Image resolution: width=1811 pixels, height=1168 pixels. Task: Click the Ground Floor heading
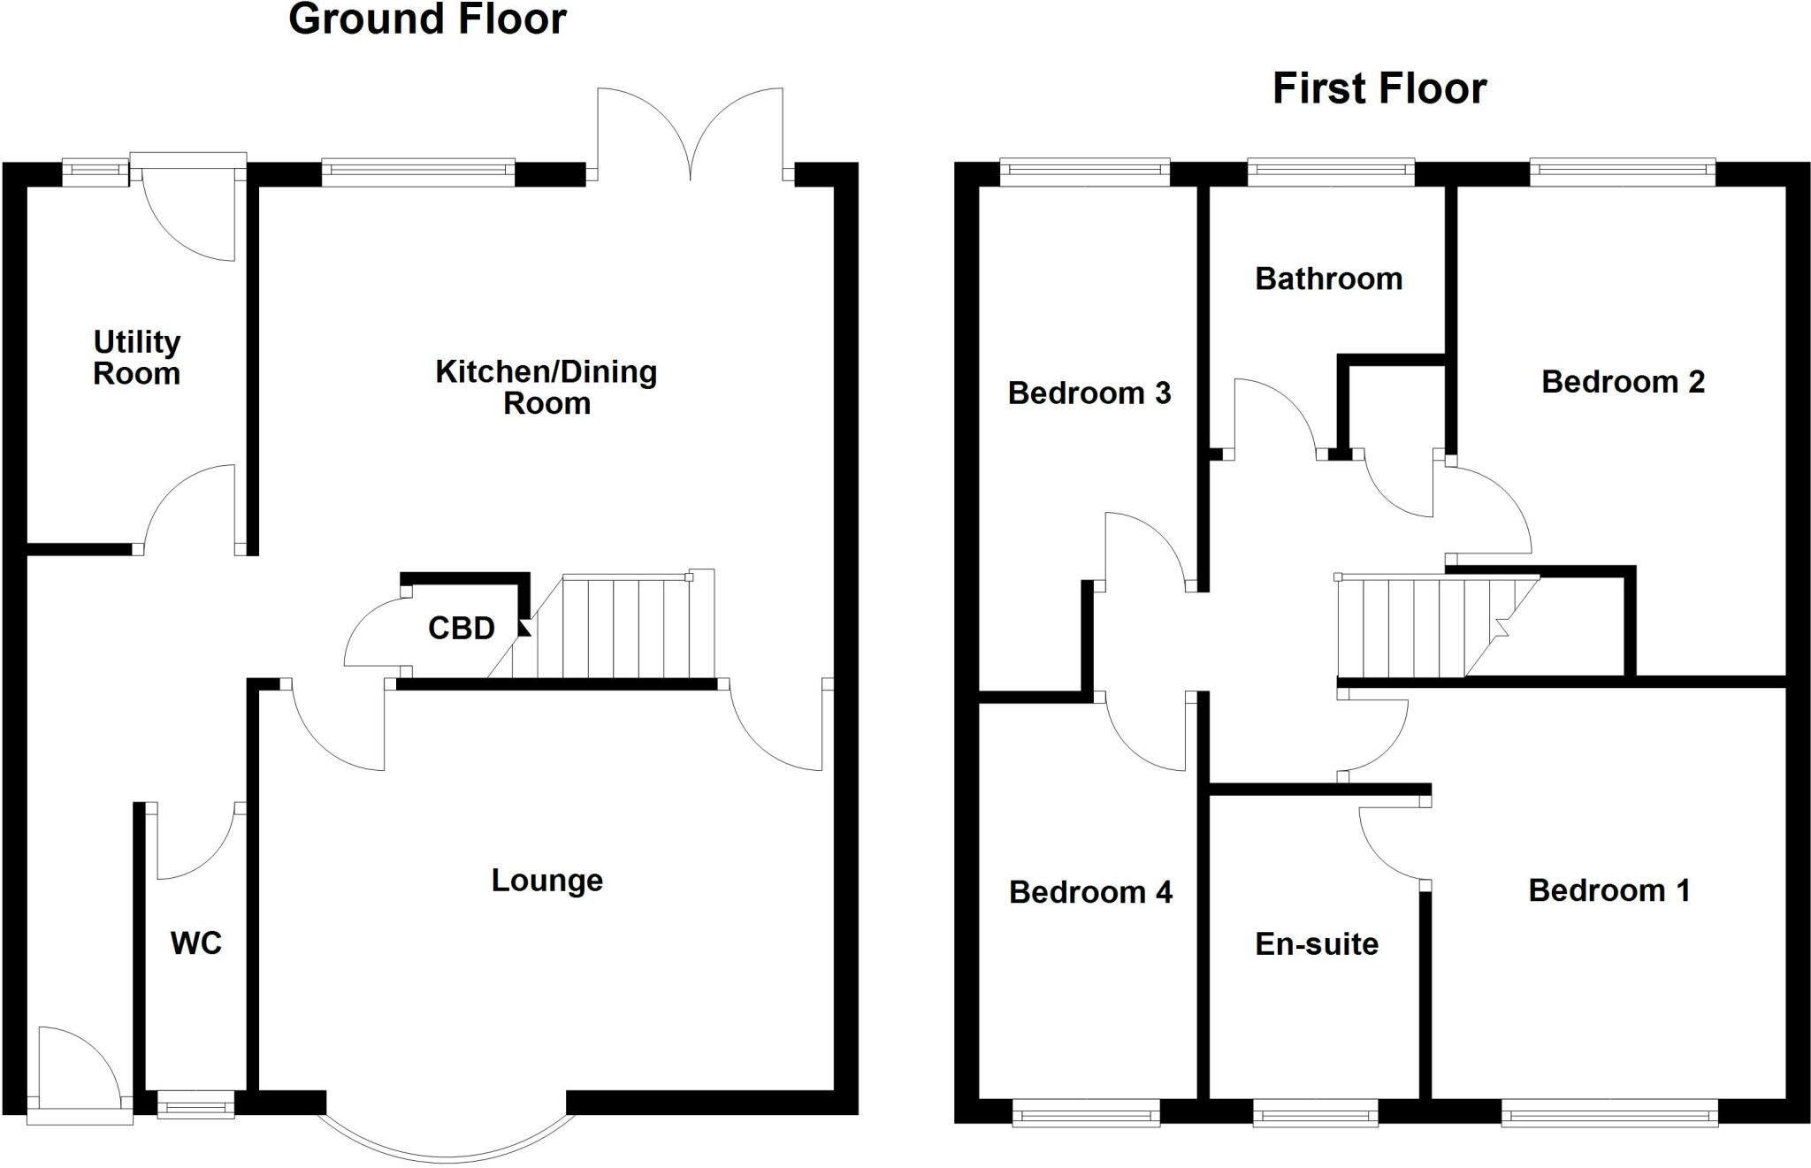click(427, 19)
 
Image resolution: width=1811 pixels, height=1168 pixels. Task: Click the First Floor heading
click(1379, 88)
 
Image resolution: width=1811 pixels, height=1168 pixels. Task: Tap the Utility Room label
click(137, 357)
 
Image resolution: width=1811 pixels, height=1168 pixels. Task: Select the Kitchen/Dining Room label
click(546, 387)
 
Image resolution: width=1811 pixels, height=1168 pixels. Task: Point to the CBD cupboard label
click(461, 629)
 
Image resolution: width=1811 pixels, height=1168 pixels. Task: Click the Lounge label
click(547, 881)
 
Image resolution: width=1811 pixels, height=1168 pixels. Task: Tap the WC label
click(195, 943)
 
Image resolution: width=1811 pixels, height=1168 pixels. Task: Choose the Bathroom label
click(1328, 279)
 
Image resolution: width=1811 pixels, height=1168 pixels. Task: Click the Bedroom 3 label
click(1089, 393)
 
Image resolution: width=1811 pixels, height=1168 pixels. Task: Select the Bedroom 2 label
click(1623, 382)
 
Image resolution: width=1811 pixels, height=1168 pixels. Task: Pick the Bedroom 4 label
click(1090, 892)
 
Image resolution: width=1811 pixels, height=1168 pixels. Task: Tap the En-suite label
click(1317, 944)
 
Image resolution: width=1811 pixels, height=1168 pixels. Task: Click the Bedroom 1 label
click(1609, 890)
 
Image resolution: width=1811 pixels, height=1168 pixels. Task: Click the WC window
click(196, 1104)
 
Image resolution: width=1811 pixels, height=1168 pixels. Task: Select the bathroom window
click(1331, 172)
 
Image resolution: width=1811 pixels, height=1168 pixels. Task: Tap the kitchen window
click(417, 172)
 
